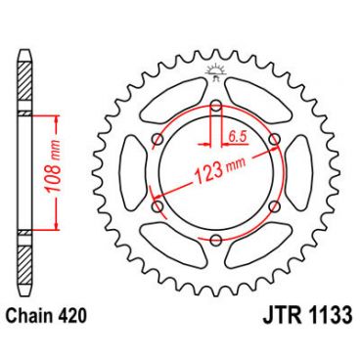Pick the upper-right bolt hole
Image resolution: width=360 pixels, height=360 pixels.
click(x=273, y=138)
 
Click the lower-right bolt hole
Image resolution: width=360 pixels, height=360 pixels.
click(x=273, y=204)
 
